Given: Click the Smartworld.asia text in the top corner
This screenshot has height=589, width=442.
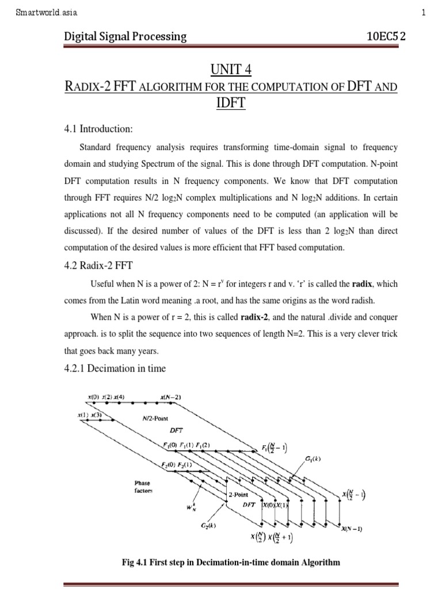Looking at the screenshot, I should click(47, 12).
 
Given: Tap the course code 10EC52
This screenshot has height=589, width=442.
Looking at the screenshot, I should click(386, 37).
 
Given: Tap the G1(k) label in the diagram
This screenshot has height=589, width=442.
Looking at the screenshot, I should click(315, 458).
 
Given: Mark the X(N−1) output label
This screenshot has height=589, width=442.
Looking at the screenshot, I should click(352, 529).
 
